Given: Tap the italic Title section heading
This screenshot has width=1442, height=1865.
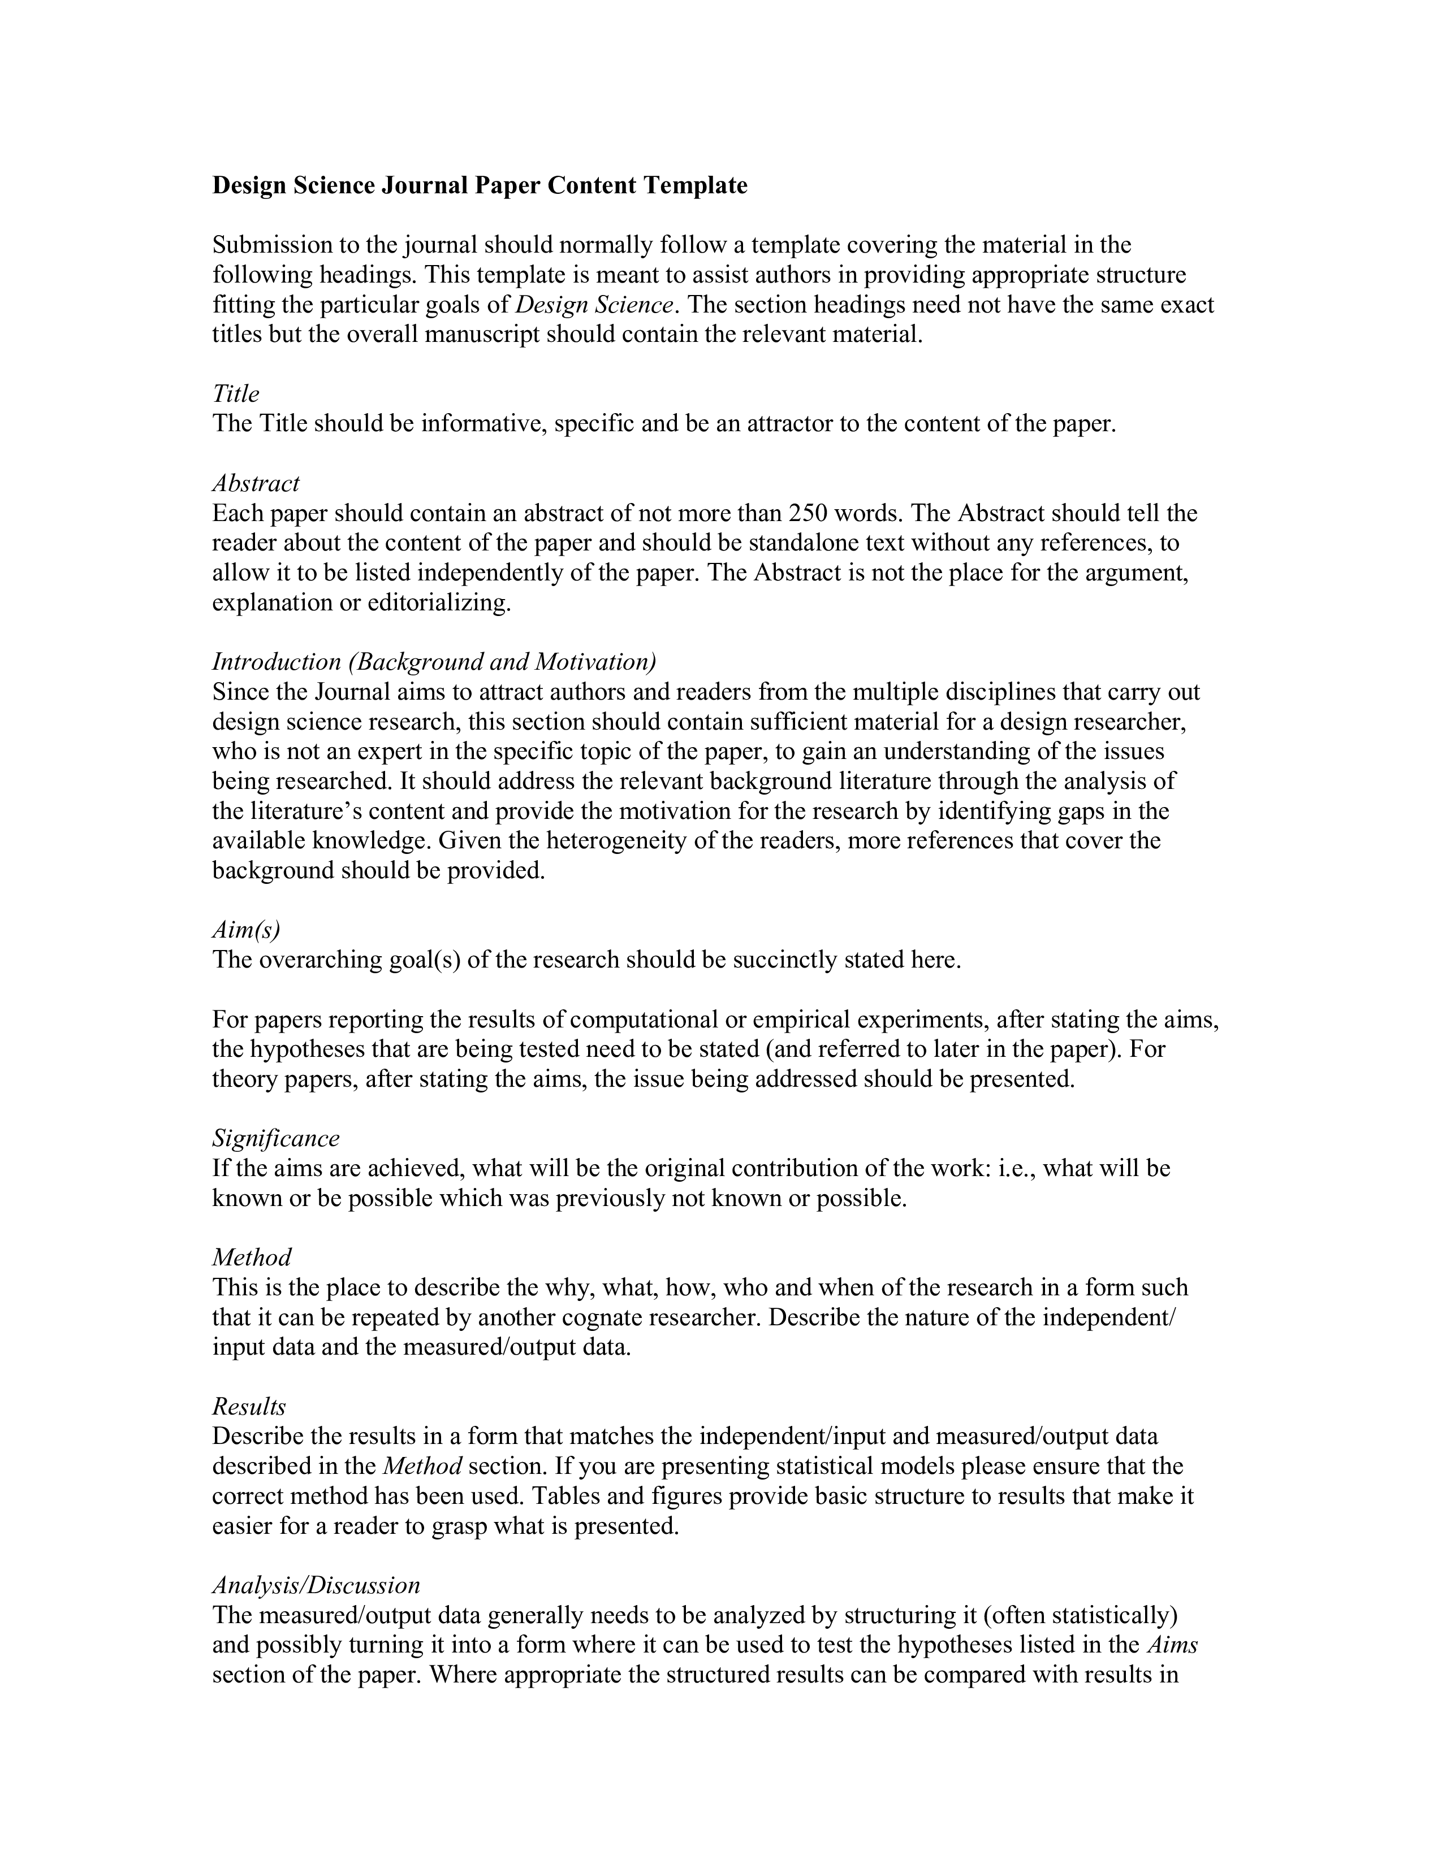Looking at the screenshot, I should [236, 394].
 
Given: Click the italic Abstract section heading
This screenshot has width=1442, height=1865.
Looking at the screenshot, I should [256, 483].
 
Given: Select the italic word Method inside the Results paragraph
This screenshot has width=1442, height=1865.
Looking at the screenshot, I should [422, 1466].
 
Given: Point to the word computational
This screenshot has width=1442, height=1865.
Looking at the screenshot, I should [644, 1020].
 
